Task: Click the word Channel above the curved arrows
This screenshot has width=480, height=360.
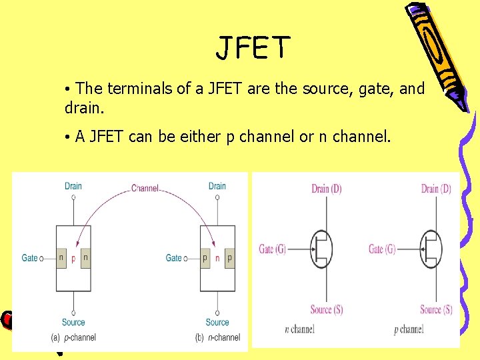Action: point(145,189)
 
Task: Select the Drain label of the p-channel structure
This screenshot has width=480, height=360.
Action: point(73,186)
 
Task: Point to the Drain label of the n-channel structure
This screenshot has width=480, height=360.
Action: point(217,186)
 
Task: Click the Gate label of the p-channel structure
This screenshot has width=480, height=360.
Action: point(30,258)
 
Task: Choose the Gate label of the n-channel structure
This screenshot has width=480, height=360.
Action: point(174,258)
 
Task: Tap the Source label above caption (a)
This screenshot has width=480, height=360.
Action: point(73,323)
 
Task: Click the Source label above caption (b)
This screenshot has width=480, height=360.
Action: point(217,323)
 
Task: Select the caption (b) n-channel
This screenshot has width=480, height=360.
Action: point(218,337)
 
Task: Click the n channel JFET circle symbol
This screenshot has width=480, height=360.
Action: point(322,249)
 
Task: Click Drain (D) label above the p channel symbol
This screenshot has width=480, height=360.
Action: point(436,189)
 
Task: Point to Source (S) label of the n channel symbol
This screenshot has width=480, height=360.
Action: point(326,309)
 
